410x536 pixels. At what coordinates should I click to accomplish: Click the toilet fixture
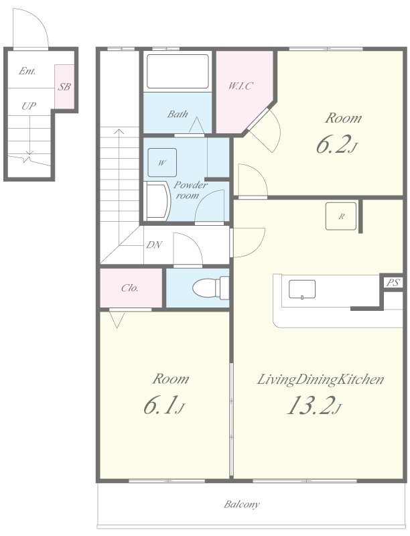pos(210,288)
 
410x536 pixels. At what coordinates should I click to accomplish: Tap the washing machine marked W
pos(162,162)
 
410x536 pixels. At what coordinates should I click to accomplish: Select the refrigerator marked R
pos(341,216)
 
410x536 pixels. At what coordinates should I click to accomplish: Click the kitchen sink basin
pos(302,289)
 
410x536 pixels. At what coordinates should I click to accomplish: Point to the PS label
pos(393,283)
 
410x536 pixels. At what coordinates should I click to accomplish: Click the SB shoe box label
pos(64,87)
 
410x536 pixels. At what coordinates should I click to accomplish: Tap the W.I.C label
pos(241,86)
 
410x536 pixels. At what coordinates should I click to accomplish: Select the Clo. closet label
pos(130,288)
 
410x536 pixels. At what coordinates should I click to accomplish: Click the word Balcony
pos(242,505)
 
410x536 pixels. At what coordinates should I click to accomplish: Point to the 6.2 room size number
pos(337,144)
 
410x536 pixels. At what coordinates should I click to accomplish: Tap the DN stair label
pos(154,245)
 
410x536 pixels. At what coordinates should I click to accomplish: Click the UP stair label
pos(29,106)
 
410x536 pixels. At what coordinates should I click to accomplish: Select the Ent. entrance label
pos(27,71)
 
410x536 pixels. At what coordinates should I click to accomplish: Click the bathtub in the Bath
pos(178,71)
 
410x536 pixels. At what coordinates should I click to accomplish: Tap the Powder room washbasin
pos(157,201)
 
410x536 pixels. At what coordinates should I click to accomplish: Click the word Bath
pos(178,114)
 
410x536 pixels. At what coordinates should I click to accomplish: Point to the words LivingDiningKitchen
pos(320,379)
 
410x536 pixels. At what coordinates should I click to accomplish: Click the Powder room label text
pos(190,190)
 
